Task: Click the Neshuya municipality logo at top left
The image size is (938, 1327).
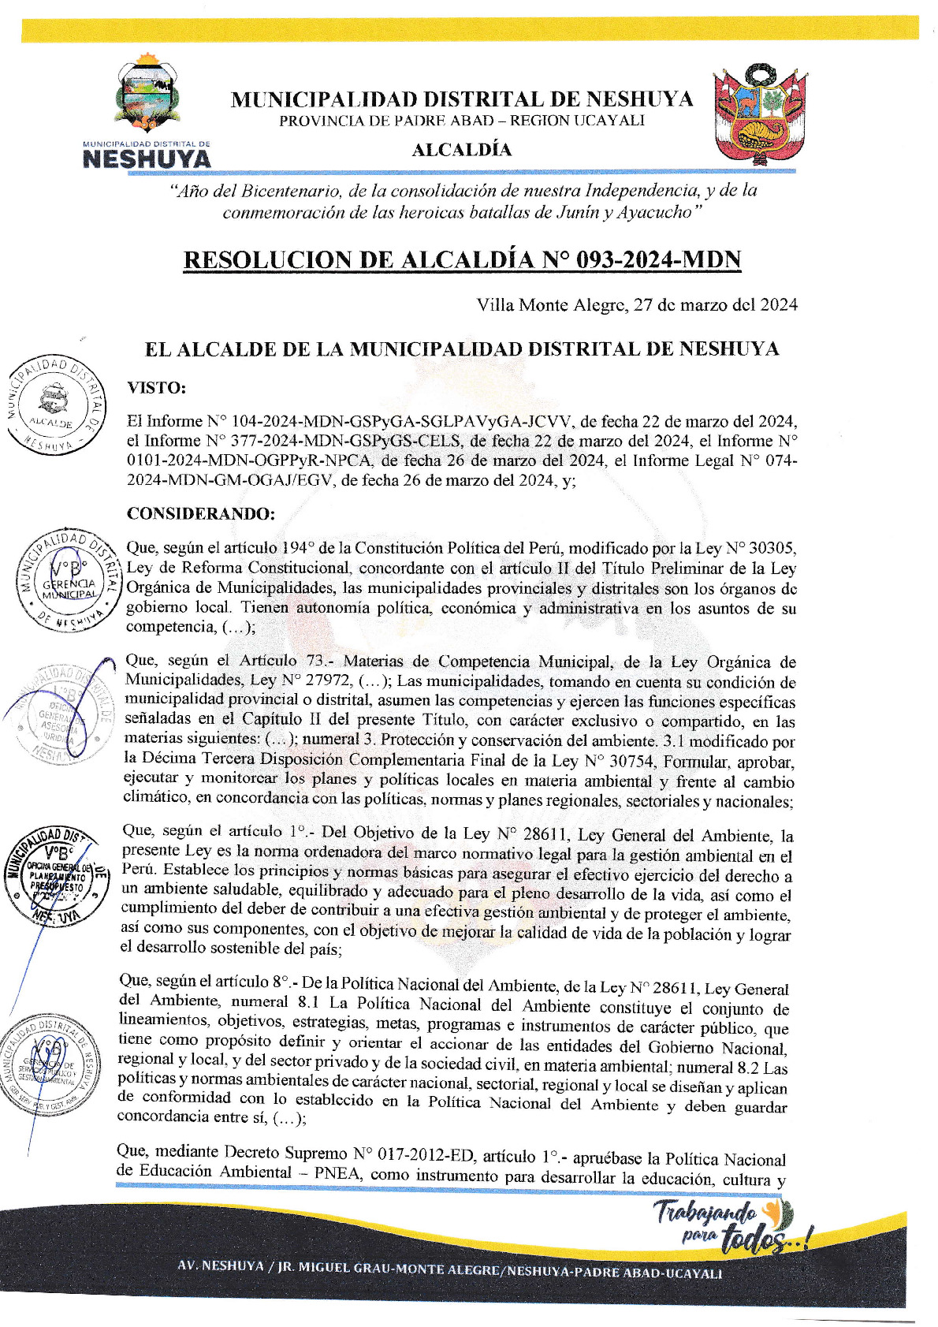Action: click(x=147, y=110)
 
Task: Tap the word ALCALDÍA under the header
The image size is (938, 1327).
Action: click(x=462, y=150)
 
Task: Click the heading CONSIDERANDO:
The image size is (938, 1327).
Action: click(x=201, y=514)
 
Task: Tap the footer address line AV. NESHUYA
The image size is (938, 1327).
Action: click(x=449, y=1272)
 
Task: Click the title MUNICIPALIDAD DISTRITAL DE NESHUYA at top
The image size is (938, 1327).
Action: click(x=462, y=99)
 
